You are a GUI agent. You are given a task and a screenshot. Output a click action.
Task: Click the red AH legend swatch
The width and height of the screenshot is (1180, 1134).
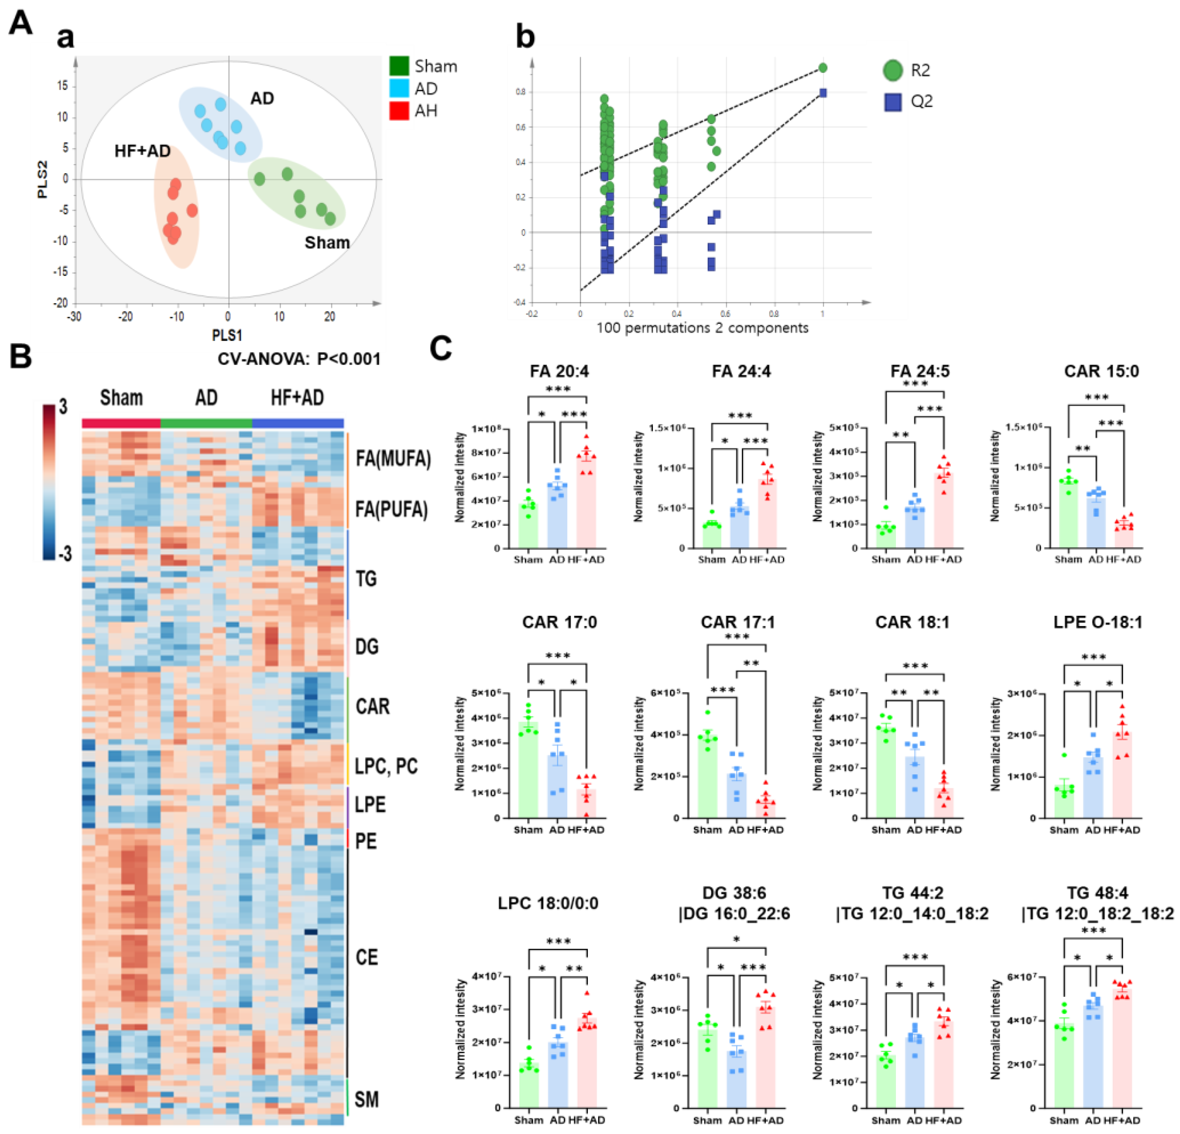(399, 111)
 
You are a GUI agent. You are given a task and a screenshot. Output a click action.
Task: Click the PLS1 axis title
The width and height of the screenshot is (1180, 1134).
(227, 334)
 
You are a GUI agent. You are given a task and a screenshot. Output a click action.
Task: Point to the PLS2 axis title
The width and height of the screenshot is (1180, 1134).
(42, 179)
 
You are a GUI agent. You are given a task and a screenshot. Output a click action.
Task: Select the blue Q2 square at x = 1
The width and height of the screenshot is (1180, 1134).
(823, 93)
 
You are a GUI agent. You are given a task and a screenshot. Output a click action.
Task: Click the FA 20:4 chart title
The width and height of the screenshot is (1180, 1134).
(559, 371)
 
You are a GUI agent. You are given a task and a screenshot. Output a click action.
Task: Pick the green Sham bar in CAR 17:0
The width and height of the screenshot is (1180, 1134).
(528, 770)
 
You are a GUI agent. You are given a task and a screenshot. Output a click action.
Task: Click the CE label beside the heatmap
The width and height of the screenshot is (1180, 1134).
(367, 957)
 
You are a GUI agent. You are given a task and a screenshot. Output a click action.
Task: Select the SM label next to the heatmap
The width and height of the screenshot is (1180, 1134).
(366, 1100)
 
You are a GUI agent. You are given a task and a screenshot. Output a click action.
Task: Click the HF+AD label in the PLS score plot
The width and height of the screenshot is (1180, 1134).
(142, 151)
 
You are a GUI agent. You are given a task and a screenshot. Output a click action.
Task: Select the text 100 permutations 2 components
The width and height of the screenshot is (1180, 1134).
(702, 328)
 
